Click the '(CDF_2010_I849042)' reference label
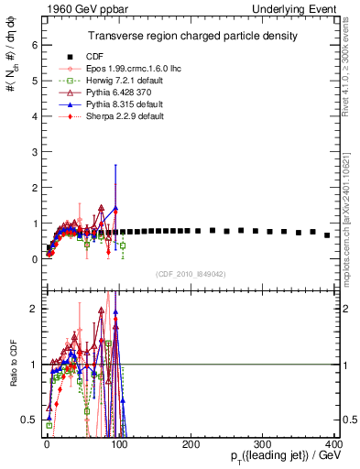pos(191,273)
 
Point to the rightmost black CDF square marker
pos(327,235)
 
